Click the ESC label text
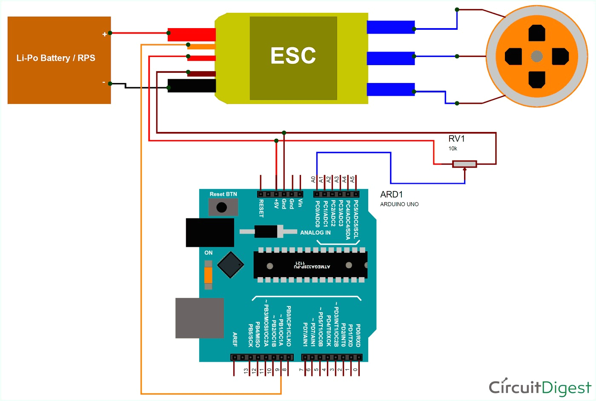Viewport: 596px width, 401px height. point(293,55)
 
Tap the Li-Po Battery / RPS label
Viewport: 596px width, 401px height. point(56,58)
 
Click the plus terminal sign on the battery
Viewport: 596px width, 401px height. point(105,34)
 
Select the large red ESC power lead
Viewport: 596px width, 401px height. point(192,34)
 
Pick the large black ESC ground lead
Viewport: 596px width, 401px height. point(192,86)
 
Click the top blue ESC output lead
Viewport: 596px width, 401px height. point(391,27)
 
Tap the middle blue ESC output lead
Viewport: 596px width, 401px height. point(391,59)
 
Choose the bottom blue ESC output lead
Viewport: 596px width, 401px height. point(391,89)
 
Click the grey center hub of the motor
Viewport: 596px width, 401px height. point(537,56)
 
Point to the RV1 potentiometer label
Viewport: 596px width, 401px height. point(456,139)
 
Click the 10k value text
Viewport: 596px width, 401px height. point(453,149)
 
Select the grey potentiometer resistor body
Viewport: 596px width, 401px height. point(464,164)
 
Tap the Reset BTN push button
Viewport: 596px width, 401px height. point(223,207)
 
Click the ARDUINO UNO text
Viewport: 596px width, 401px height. point(399,204)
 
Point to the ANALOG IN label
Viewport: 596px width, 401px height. point(315,232)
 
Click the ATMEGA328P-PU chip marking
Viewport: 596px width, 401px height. point(312,265)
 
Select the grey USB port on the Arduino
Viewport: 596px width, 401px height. point(200,318)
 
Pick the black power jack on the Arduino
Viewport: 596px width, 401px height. point(210,232)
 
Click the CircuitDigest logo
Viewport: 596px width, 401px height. point(540,387)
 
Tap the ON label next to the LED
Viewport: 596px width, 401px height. point(208,253)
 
